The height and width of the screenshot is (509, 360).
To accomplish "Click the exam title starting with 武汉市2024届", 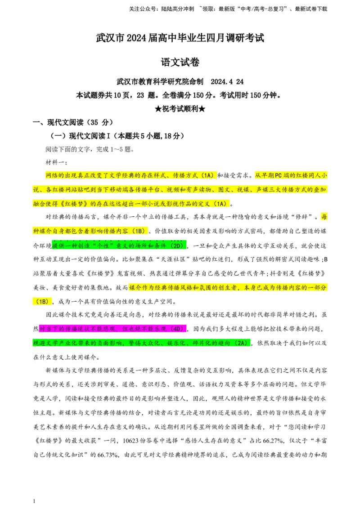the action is (x=180, y=38).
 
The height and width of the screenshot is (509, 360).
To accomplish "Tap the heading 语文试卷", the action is (x=180, y=62).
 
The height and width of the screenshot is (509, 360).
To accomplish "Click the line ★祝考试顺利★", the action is (x=180, y=109).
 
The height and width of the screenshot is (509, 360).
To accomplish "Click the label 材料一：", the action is (x=56, y=162).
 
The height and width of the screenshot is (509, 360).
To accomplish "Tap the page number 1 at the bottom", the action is (x=34, y=501).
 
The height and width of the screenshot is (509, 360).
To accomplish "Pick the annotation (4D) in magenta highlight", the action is (x=178, y=329).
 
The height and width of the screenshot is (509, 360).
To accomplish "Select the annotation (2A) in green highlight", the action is (x=242, y=343).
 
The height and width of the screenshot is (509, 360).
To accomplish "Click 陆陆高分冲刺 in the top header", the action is (x=178, y=9).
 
